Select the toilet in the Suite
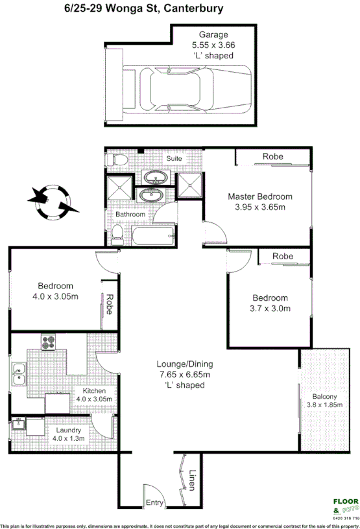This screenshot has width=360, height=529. [x=115, y=159]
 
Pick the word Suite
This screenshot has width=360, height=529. [x=174, y=158]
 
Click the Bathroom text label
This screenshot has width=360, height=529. [x=130, y=215]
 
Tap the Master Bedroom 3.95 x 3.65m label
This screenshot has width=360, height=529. [x=259, y=202]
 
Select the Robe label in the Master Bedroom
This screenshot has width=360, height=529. [x=272, y=157]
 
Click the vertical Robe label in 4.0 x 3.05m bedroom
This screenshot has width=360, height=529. [x=110, y=305]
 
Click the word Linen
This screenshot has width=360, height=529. [x=193, y=480]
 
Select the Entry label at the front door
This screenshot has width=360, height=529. [x=154, y=502]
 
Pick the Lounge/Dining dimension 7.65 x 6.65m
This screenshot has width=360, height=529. [x=185, y=374]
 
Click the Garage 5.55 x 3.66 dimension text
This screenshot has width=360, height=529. [x=212, y=45]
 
